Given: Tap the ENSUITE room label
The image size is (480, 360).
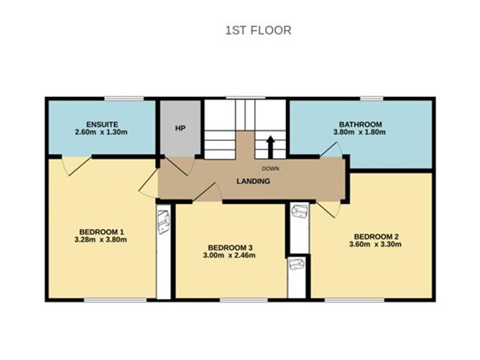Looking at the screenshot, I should click(x=101, y=123).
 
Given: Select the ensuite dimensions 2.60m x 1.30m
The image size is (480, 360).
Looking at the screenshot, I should click(x=101, y=132).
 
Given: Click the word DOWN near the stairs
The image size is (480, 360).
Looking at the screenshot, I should click(x=270, y=170).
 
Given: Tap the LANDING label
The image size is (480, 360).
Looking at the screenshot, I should click(x=254, y=181).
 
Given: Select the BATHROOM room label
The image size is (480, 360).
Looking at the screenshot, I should click(x=360, y=124).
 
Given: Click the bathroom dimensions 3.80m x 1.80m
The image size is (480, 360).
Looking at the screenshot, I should click(x=360, y=132).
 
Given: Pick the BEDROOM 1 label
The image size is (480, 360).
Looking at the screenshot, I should click(x=101, y=231).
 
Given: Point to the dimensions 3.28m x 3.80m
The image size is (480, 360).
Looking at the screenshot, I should click(x=101, y=240).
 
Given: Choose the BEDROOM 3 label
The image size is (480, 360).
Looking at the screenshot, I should click(x=229, y=248).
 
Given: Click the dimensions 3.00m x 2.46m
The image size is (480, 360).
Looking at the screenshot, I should click(x=229, y=257).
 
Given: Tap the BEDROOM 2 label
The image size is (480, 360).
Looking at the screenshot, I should click(x=376, y=236).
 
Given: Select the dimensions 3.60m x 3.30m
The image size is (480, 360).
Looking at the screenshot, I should click(x=376, y=245).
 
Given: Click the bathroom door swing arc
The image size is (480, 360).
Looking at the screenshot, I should click(x=331, y=149).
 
